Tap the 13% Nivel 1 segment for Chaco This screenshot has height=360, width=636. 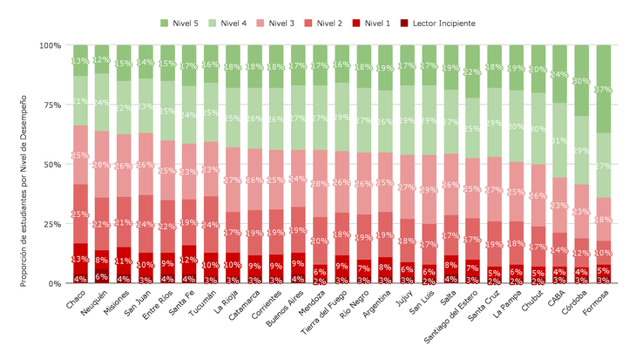[x=80, y=259]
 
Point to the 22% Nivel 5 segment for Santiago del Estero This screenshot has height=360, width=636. [x=473, y=71]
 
